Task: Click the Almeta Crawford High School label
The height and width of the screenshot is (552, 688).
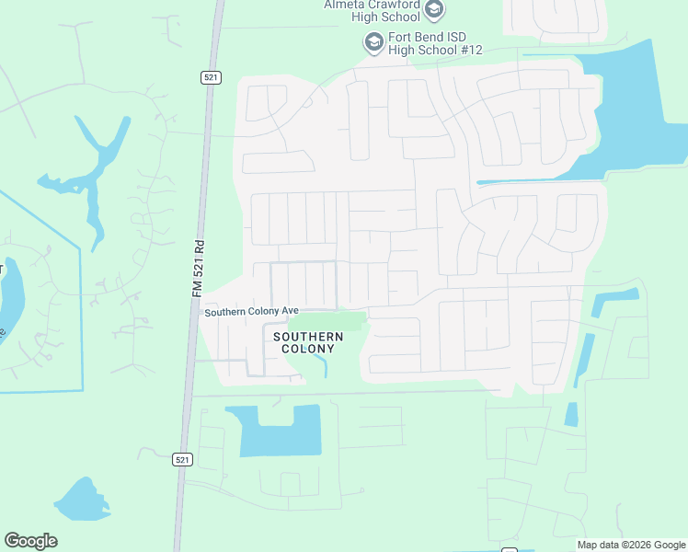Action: pos(372,10)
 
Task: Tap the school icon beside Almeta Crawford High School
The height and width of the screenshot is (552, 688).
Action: pos(435,10)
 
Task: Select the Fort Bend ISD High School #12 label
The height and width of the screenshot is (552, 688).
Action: pos(434,43)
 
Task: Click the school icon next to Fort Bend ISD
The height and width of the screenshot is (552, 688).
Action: pos(373,42)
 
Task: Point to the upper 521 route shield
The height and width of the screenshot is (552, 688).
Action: pos(211,78)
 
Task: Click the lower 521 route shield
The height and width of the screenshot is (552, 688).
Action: pos(183,458)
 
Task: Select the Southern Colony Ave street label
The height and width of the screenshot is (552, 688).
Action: pos(252,312)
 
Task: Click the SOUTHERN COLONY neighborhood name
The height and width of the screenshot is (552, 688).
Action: pos(308,342)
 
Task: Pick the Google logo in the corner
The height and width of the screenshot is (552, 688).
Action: pos(30,541)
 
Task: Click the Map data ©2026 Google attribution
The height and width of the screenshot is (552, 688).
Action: pos(630,545)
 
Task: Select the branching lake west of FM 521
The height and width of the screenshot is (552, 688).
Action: pos(92,170)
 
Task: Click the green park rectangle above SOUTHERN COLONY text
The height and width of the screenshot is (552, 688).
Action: pos(327,321)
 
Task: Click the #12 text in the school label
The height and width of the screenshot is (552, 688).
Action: pos(469,50)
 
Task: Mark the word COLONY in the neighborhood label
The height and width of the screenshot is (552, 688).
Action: pos(308,349)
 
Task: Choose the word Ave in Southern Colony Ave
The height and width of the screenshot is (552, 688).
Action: pos(290,312)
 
